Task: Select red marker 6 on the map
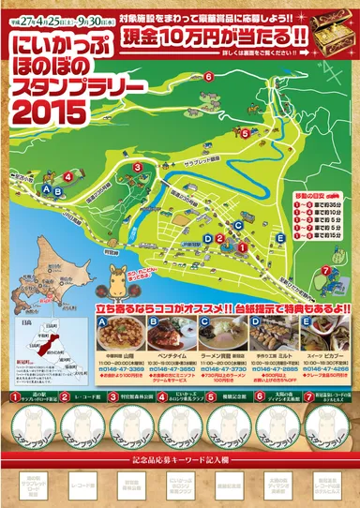[208, 77]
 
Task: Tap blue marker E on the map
[280, 238]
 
